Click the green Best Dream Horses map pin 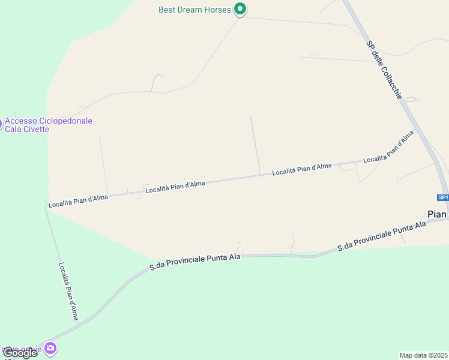tap(240, 9)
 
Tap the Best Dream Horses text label tap(194, 10)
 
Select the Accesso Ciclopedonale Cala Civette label tap(49, 125)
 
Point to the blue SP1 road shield tap(442, 197)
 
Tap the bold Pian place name tap(436, 214)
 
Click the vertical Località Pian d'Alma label tap(68, 291)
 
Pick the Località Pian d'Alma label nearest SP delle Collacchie tap(388, 148)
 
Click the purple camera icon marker tap(50, 348)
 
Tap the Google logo tap(20, 353)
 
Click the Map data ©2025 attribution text tap(423, 355)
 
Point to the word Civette tap(35, 130)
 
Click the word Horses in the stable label tap(218, 10)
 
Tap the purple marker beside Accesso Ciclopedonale tap(1, 125)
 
